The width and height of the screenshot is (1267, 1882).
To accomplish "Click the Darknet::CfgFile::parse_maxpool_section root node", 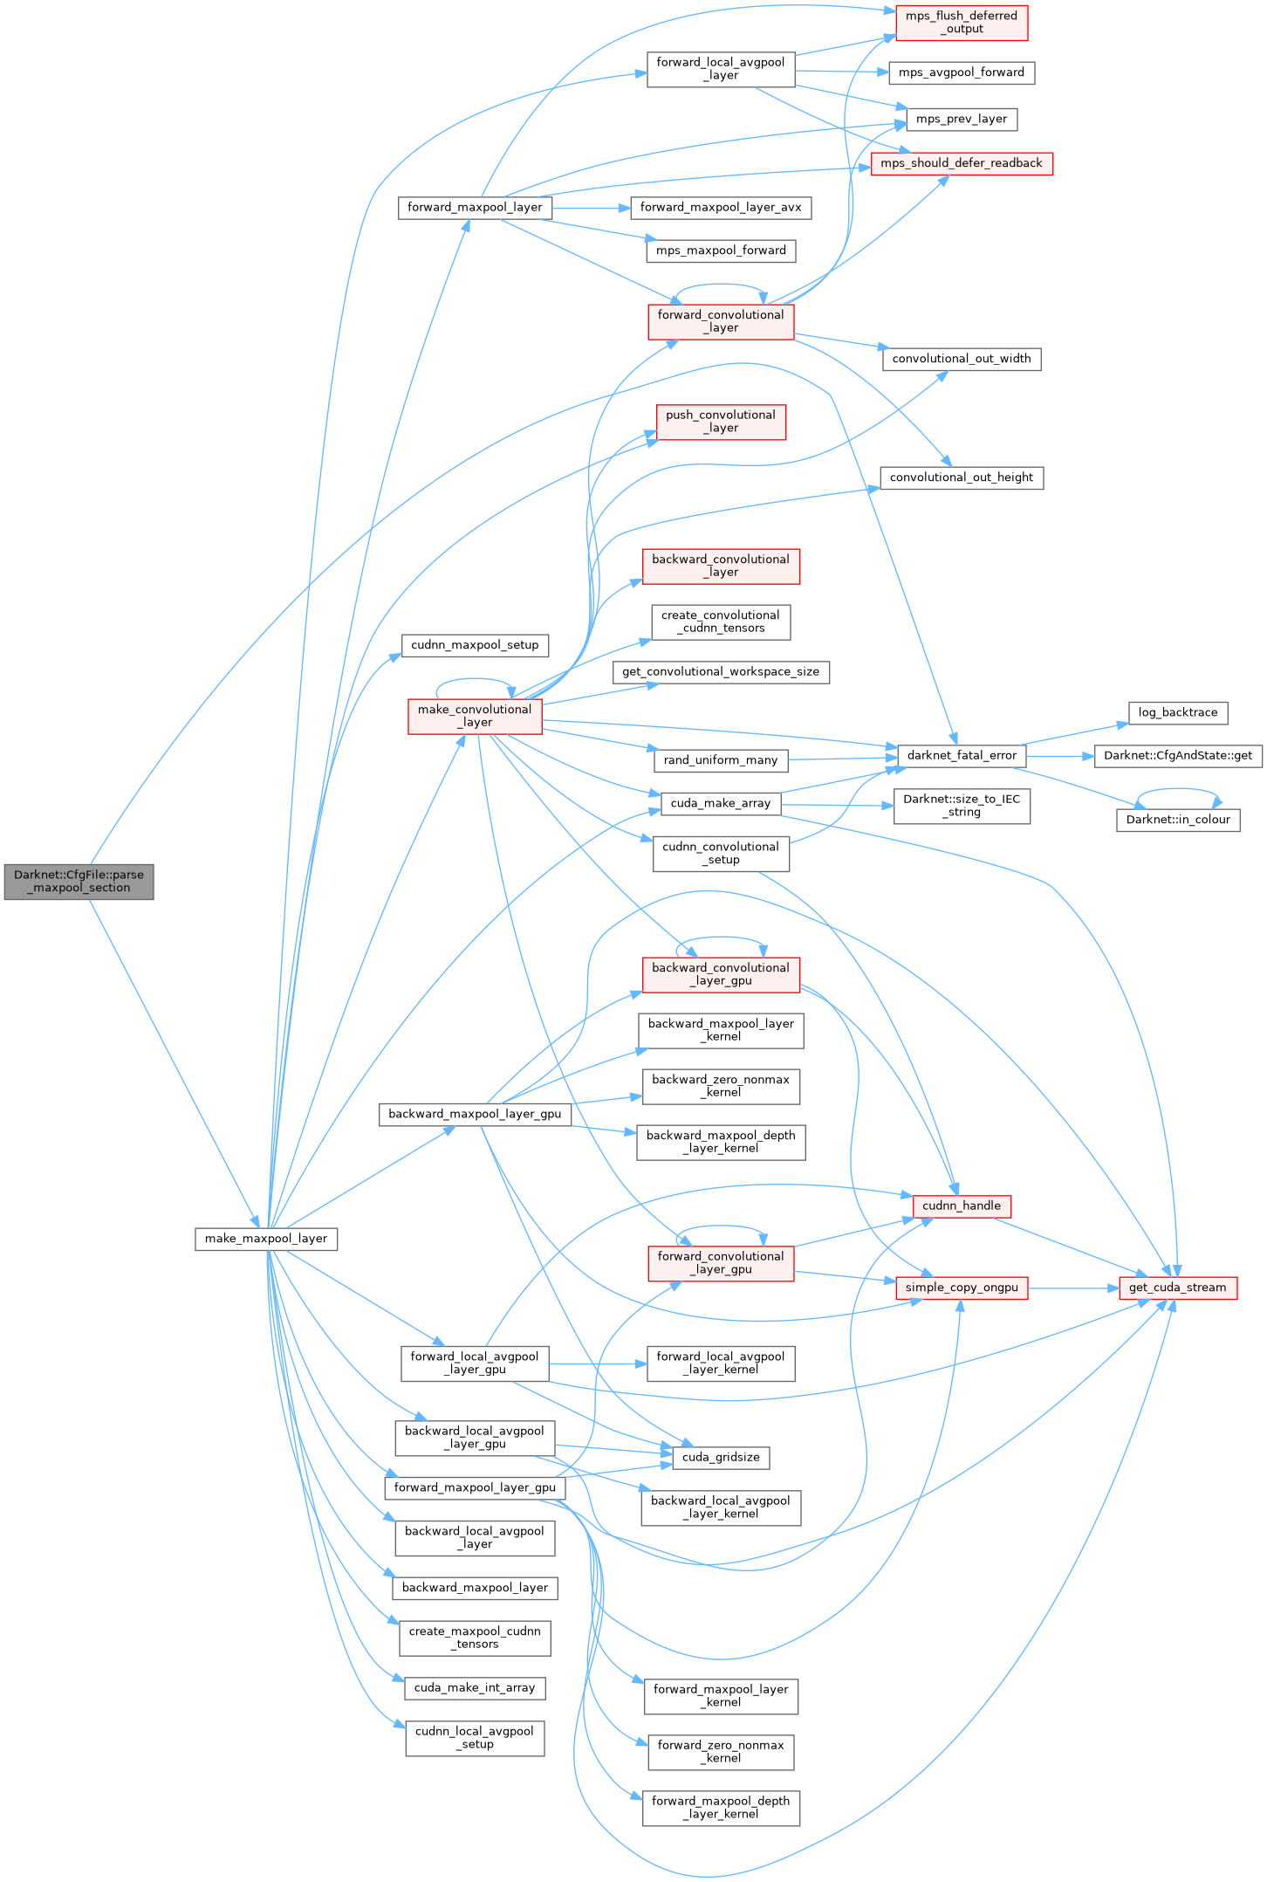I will click(79, 881).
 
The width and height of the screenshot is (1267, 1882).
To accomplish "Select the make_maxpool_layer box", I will click(266, 1239).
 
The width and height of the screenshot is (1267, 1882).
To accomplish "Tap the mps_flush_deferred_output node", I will click(962, 23).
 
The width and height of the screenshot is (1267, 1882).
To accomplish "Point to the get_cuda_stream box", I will click(1178, 1288).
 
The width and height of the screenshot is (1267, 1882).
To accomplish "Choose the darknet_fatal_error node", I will click(962, 756).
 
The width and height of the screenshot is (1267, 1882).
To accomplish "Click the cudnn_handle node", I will click(962, 1206).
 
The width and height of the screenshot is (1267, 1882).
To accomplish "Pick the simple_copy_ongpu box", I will click(962, 1288).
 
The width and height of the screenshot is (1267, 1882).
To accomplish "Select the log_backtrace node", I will click(1178, 712).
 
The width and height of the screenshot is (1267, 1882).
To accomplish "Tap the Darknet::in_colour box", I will click(1178, 820).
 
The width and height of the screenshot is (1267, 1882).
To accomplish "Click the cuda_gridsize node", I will click(721, 1457).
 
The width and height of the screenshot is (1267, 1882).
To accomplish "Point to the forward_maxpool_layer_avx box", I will click(721, 208).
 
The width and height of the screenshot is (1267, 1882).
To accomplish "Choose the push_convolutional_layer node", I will click(721, 422).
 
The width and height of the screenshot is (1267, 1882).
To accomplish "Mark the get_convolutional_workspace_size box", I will click(721, 672).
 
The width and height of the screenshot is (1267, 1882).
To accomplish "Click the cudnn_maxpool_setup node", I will click(475, 645).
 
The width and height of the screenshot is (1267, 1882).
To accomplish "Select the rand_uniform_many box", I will click(721, 760).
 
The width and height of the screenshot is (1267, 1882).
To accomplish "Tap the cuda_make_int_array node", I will click(475, 1687).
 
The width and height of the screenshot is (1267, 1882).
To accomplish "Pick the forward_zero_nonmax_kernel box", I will click(721, 1751).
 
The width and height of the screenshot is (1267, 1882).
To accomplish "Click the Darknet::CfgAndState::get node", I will click(1178, 756).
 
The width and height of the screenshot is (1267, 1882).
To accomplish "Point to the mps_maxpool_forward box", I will click(721, 251).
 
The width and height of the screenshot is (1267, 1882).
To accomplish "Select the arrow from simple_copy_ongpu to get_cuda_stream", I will click(1073, 1288).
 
